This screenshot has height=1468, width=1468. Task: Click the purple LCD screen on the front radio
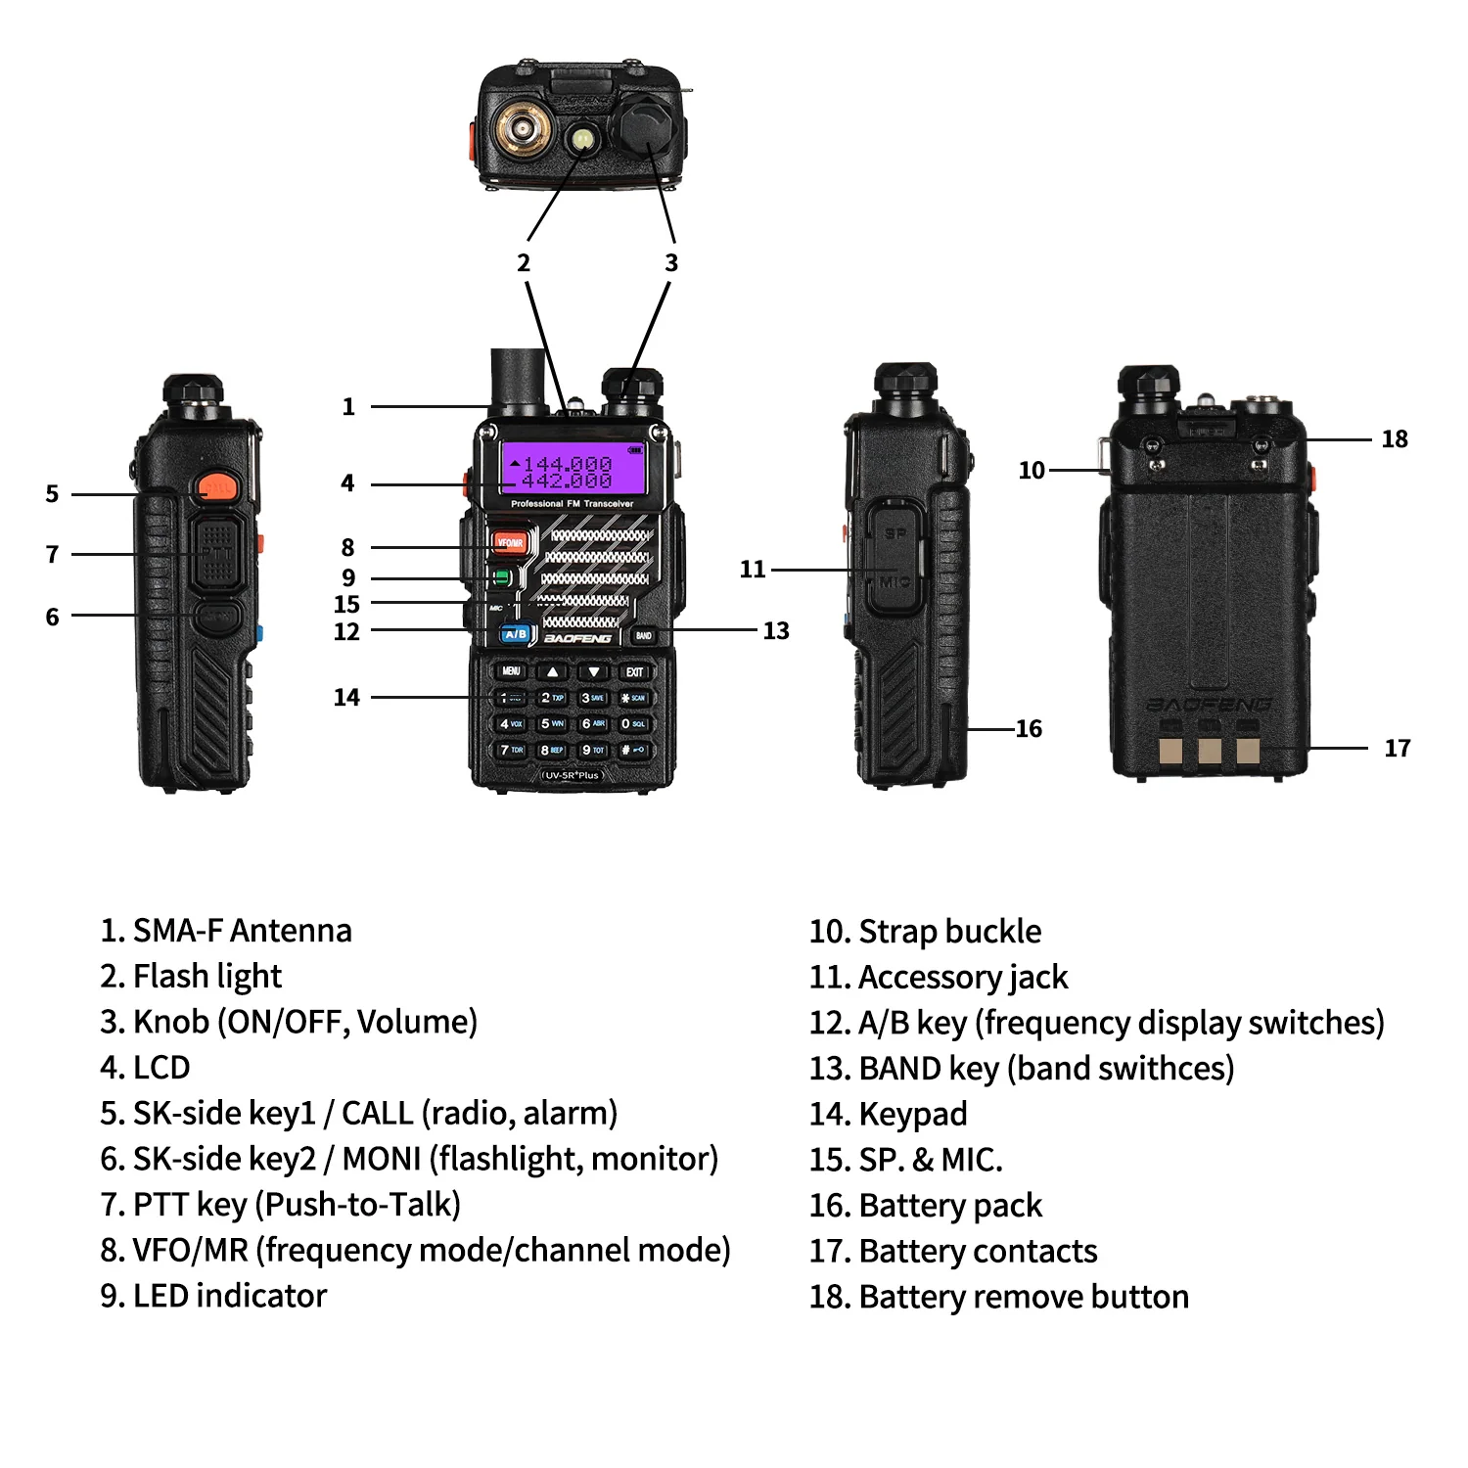(x=573, y=469)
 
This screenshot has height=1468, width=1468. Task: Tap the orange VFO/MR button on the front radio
(x=509, y=541)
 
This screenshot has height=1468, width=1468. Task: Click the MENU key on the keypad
(x=511, y=671)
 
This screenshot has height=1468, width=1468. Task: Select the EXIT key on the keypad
(x=634, y=671)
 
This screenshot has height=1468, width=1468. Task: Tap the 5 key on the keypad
(x=552, y=723)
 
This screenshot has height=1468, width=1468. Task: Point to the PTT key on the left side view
(x=216, y=553)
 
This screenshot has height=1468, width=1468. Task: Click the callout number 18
(x=1394, y=439)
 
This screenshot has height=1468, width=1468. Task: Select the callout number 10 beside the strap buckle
(x=1031, y=471)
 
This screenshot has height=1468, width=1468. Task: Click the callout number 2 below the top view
(x=524, y=263)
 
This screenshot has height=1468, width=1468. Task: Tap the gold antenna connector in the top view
(x=520, y=128)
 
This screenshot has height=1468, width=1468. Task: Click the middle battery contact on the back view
(x=1210, y=750)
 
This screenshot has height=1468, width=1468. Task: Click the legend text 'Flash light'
(x=206, y=976)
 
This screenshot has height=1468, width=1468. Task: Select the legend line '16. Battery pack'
(x=925, y=1206)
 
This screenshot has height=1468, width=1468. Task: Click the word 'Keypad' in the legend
(x=912, y=1114)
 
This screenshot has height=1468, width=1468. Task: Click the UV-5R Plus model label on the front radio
(x=573, y=775)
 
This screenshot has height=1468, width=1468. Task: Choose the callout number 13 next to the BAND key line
(x=775, y=631)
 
